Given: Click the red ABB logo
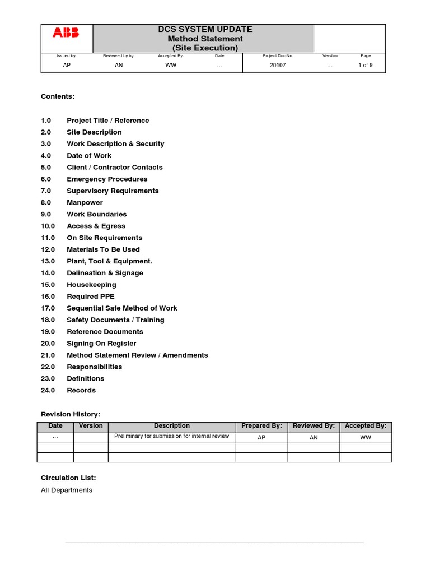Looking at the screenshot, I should (66, 33).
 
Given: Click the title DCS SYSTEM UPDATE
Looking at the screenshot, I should (205, 29).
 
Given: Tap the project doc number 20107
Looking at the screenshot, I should (278, 66).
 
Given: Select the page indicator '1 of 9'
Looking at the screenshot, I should (365, 66).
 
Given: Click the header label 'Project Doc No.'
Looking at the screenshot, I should (278, 56).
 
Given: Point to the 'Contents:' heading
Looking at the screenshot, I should (58, 96).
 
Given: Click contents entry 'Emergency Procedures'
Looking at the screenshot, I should (107, 179).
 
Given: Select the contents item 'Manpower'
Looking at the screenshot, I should (85, 203).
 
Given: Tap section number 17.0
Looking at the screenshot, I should (48, 308).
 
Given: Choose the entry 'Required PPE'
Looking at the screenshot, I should (90, 297).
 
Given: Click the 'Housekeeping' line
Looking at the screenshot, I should (91, 285).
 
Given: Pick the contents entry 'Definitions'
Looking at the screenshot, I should (85, 379).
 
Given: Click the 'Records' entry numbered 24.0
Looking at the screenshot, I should (81, 391).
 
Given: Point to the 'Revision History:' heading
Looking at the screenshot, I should (71, 414).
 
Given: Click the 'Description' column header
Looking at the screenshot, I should (172, 426).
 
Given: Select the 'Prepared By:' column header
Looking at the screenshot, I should (261, 426).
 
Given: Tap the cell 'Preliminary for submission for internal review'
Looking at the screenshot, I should (171, 436).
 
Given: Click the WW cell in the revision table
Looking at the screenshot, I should (366, 437).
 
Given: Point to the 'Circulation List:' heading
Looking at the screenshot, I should (68, 478).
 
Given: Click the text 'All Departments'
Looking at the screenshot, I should (67, 490).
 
